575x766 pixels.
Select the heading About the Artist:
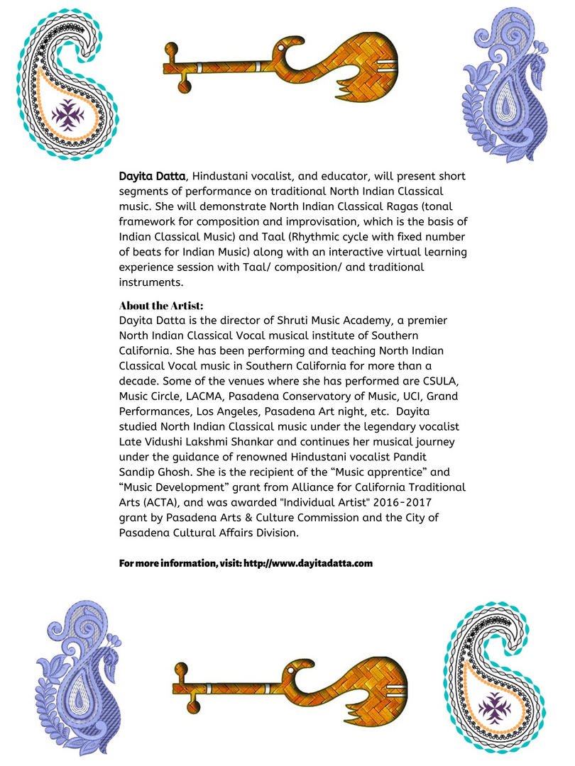pyautogui.click(x=161, y=306)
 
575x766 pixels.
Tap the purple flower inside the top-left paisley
pyautogui.click(x=70, y=114)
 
